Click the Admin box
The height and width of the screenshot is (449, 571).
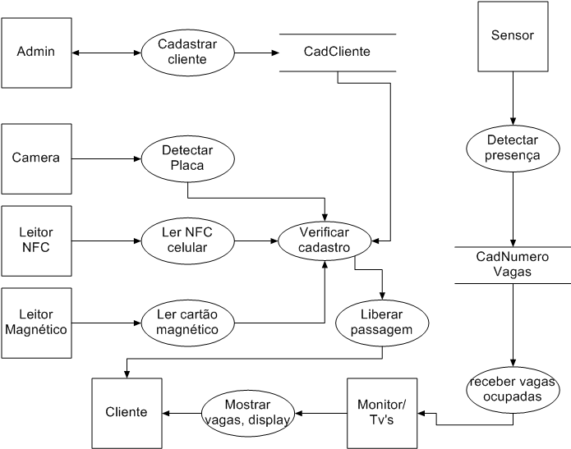(36, 53)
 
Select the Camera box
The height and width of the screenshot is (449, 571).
(36, 158)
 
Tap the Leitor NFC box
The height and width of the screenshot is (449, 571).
(36, 240)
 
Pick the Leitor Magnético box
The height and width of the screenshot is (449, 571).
(36, 322)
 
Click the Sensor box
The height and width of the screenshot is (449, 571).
(512, 36)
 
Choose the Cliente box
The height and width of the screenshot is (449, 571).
(127, 412)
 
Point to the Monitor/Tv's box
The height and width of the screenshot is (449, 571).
(382, 412)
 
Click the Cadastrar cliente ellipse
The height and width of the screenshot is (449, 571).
(187, 53)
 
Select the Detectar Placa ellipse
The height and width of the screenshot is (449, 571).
(187, 158)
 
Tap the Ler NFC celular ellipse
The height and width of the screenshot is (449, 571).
(187, 240)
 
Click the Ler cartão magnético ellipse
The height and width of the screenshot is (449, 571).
(187, 322)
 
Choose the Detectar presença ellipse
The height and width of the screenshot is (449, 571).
(513, 148)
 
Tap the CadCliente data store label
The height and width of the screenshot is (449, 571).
(337, 52)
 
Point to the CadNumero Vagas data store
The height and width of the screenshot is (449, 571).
(513, 264)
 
